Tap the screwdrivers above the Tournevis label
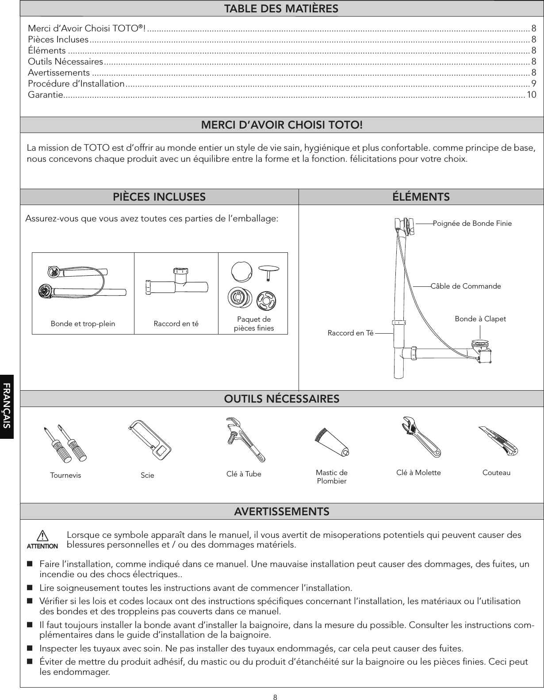pos(65,444)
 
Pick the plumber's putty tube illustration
pos(331,443)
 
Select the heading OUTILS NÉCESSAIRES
pos(282,399)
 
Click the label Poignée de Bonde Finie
pos(472,224)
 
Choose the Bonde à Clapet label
pos(480,319)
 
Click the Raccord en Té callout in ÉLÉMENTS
pos(350,333)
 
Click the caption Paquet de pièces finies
pos(254,324)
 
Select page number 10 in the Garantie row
pos(531,95)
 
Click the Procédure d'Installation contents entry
pos(76,84)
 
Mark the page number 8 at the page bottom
pos(275,697)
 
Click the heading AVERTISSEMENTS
pos(282,512)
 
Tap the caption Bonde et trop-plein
pos(83,324)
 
